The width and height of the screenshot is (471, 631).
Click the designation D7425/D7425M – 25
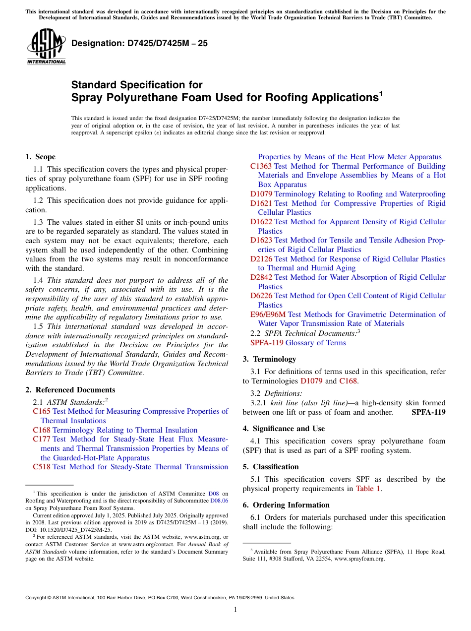pyautogui.click(x=139, y=44)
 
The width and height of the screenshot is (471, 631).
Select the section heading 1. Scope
pyautogui.click(x=40, y=157)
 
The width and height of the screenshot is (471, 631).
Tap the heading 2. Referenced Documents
pyautogui.click(x=70, y=390)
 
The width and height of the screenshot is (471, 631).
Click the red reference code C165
pyautogui.click(x=42, y=411)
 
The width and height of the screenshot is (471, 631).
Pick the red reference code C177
pyautogui.click(x=42, y=439)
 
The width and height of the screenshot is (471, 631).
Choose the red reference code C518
pyautogui.click(x=42, y=467)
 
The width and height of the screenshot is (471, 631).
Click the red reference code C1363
pyautogui.click(x=261, y=166)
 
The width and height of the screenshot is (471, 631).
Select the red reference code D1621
pyautogui.click(x=261, y=203)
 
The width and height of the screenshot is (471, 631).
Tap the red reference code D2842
pyautogui.click(x=261, y=277)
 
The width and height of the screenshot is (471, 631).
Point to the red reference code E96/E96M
pyautogui.click(x=268, y=315)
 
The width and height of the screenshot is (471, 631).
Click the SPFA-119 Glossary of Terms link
pyautogui.click(x=298, y=343)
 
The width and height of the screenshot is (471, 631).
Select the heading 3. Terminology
pyautogui.click(x=269, y=359)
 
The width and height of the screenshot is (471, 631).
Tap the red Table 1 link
pyautogui.click(x=368, y=489)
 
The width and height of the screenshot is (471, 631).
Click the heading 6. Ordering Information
pyautogui.click(x=286, y=505)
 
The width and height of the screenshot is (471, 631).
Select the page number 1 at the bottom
pyautogui.click(x=235, y=610)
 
